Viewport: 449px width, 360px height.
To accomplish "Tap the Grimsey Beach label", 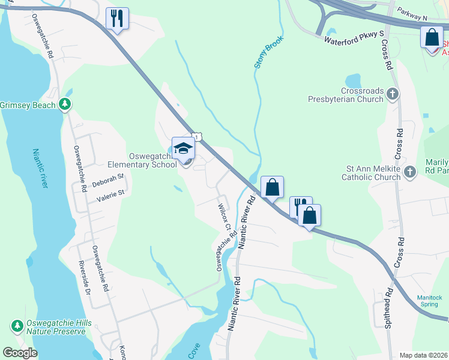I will click(x=28, y=105).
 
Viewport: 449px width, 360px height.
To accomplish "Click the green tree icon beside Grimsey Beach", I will click(x=65, y=105).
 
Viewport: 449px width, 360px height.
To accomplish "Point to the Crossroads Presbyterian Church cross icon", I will click(x=393, y=94).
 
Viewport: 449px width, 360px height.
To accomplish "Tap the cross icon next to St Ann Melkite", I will click(x=410, y=173).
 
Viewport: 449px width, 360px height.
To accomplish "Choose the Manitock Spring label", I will click(x=430, y=301).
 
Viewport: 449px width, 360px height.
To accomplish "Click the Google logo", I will click(x=20, y=353).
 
